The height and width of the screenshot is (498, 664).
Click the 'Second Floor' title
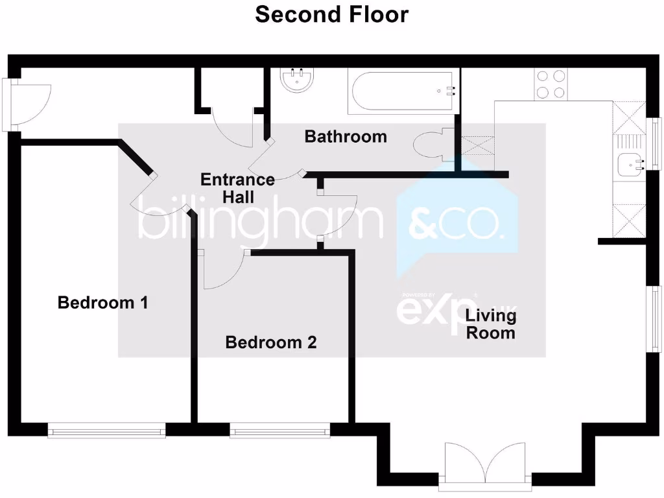click(x=331, y=14)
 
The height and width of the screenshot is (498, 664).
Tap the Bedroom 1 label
click(x=103, y=303)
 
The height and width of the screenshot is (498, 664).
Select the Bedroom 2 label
click(x=270, y=342)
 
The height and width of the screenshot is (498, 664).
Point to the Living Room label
click(x=490, y=324)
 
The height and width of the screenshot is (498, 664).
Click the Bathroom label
click(x=345, y=137)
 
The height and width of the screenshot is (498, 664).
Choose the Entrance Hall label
click(x=237, y=188)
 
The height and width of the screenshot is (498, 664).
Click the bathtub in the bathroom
click(x=403, y=91)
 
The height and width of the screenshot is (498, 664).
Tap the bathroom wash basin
click(x=298, y=81)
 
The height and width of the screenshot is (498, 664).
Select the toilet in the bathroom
click(x=429, y=145)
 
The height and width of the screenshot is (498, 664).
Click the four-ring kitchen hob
click(x=551, y=84)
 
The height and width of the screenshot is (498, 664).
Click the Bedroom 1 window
click(x=106, y=430)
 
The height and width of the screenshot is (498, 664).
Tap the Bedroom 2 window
click(x=280, y=430)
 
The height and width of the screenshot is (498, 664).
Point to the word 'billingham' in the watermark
click(x=259, y=223)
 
